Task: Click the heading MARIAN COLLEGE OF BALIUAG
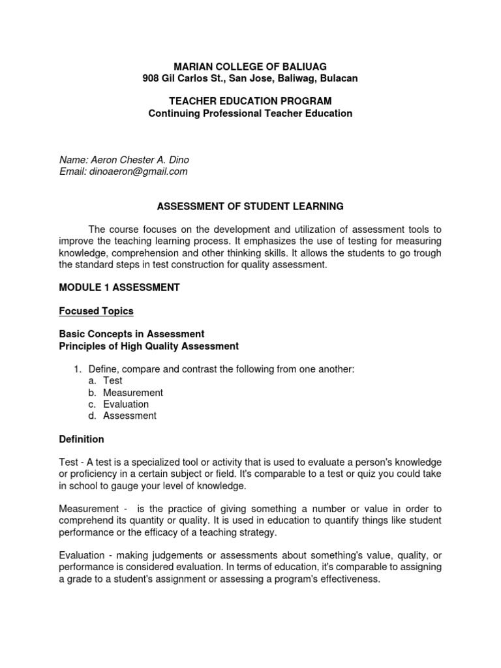(250, 66)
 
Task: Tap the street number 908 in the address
(151, 78)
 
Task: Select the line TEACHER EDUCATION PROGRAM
(250, 101)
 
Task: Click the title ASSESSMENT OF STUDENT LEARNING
(250, 207)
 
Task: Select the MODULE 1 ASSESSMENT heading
(119, 287)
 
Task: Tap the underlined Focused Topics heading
(96, 311)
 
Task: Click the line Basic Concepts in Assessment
(132, 334)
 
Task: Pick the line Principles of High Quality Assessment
(149, 346)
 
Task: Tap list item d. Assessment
(129, 416)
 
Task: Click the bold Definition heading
(82, 439)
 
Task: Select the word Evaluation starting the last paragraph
(82, 556)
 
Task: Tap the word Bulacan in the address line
(337, 78)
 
